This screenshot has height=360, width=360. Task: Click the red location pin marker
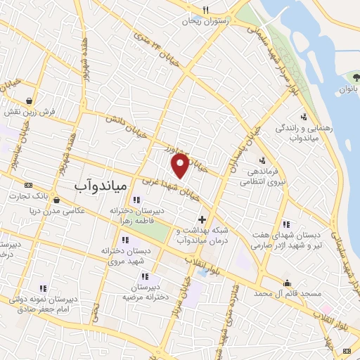[x=181, y=165]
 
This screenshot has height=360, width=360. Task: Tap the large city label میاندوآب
[x=100, y=186]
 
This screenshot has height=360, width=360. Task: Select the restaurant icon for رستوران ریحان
[x=205, y=10]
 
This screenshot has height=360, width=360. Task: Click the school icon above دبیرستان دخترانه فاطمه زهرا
[x=136, y=200]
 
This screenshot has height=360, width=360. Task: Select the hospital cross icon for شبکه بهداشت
[x=202, y=220]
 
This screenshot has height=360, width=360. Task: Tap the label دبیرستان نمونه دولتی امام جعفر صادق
[x=42, y=304]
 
